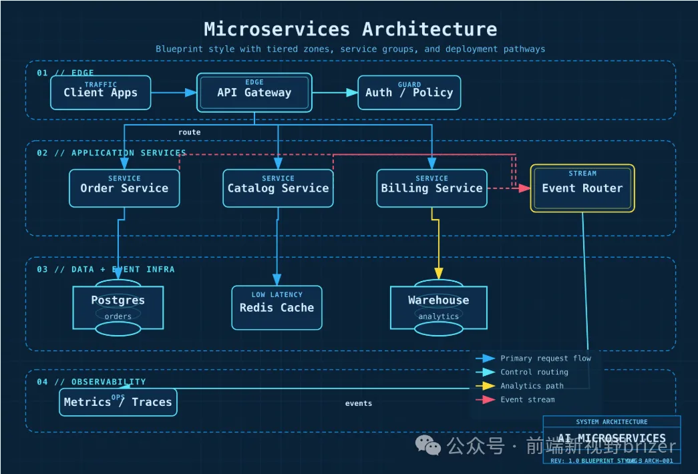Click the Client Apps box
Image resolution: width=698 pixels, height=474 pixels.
(x=100, y=92)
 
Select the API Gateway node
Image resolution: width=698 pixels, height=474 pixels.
(x=254, y=92)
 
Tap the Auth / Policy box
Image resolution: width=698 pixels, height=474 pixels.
(x=409, y=92)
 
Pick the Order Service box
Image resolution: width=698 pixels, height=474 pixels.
(x=124, y=188)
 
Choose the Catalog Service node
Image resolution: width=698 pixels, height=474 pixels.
(x=278, y=188)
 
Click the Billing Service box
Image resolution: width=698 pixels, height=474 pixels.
(x=431, y=188)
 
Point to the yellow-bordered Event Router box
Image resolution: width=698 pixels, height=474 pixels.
(x=582, y=188)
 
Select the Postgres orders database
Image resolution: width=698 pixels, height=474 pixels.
(x=118, y=307)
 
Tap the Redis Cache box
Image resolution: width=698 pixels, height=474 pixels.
(x=277, y=307)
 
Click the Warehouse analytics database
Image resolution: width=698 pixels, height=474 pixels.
(x=438, y=307)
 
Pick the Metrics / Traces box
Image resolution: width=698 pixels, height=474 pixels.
(x=118, y=402)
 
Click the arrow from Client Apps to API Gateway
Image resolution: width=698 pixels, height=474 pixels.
(x=173, y=93)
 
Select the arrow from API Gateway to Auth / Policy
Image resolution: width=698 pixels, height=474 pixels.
(x=335, y=93)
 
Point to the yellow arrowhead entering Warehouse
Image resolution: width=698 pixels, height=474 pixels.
(x=439, y=273)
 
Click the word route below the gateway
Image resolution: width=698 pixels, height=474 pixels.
(x=189, y=132)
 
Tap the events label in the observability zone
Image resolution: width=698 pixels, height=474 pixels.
(x=359, y=403)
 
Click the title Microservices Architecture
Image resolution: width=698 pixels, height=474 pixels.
(x=350, y=29)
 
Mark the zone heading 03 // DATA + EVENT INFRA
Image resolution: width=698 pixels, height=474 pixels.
(x=106, y=269)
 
